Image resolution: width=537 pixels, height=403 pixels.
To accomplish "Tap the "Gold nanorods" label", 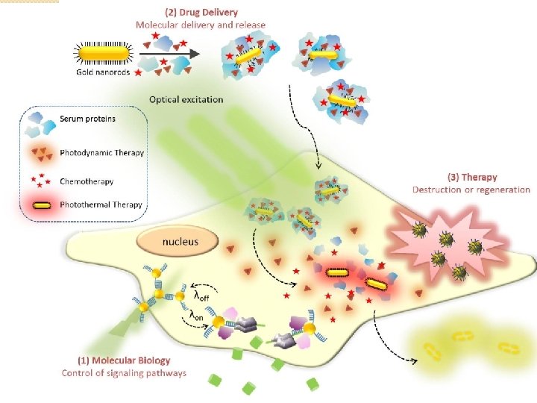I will (x=102, y=72).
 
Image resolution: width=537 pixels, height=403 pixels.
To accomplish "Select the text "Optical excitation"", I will (x=186, y=99).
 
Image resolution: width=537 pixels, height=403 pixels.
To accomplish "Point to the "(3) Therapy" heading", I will (x=471, y=178).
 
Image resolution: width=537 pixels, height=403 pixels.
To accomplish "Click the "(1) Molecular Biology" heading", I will (x=124, y=361).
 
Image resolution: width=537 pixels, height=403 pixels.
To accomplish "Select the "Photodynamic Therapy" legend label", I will (x=101, y=153).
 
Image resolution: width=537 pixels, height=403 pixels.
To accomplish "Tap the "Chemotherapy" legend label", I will (x=87, y=181).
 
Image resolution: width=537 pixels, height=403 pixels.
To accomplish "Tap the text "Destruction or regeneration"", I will (x=471, y=190).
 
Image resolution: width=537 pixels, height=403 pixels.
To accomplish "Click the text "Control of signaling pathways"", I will (x=124, y=373).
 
